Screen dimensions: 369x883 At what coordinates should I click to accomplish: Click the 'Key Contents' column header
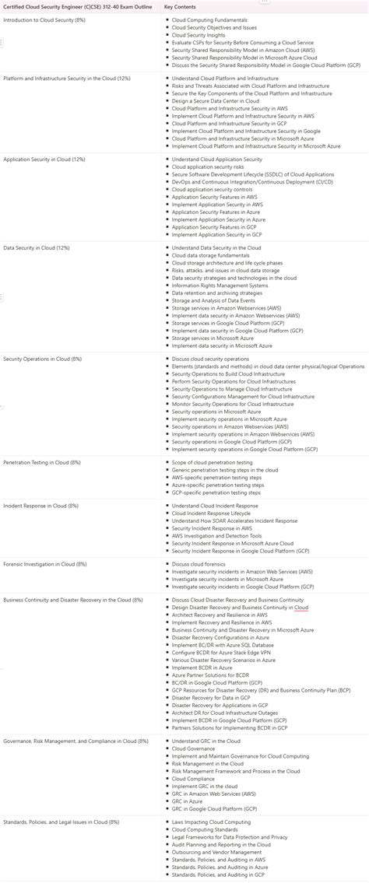[x=180, y=7]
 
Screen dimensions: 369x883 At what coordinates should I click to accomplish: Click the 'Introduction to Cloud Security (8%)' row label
[x=44, y=19]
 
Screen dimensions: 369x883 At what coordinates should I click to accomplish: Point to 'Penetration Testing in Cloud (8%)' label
[x=42, y=462]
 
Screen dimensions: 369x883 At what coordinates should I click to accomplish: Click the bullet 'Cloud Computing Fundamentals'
[x=209, y=19]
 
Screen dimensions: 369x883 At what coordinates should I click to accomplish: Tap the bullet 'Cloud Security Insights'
[x=199, y=35]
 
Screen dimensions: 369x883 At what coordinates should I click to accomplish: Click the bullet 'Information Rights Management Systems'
[x=220, y=285]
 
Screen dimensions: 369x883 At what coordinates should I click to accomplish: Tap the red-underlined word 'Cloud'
[x=301, y=608]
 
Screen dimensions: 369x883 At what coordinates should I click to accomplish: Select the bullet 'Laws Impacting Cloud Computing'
[x=211, y=822]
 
